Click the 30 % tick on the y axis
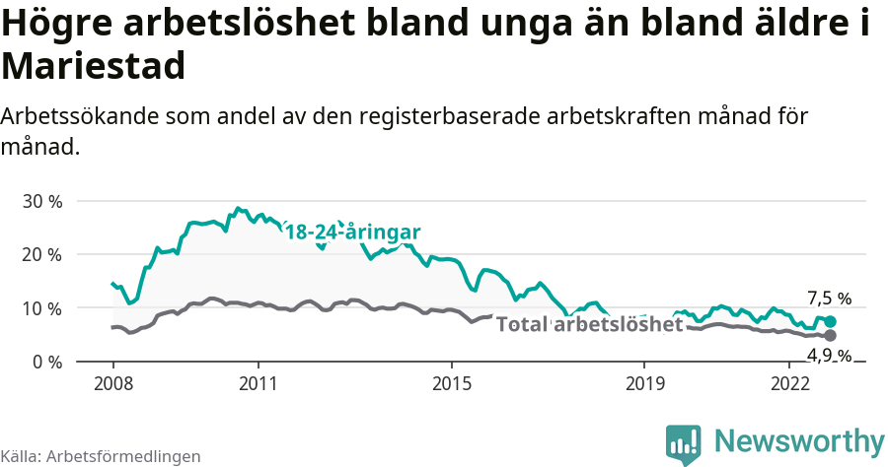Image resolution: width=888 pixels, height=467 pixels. (41, 201)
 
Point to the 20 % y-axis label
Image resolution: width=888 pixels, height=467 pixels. (41, 254)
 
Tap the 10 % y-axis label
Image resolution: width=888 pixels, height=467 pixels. (41, 308)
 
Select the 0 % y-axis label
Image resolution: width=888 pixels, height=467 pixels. (46, 362)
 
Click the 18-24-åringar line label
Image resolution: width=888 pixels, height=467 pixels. (353, 233)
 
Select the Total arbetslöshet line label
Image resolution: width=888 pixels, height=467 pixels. (589, 324)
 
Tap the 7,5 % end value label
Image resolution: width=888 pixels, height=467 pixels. (829, 299)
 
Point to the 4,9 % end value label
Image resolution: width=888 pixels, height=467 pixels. (829, 355)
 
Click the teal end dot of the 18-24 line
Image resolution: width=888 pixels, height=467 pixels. (831, 322)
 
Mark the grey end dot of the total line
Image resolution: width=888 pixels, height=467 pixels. (831, 336)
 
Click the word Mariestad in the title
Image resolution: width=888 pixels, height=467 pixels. (94, 67)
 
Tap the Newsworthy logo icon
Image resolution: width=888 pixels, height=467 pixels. (683, 443)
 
